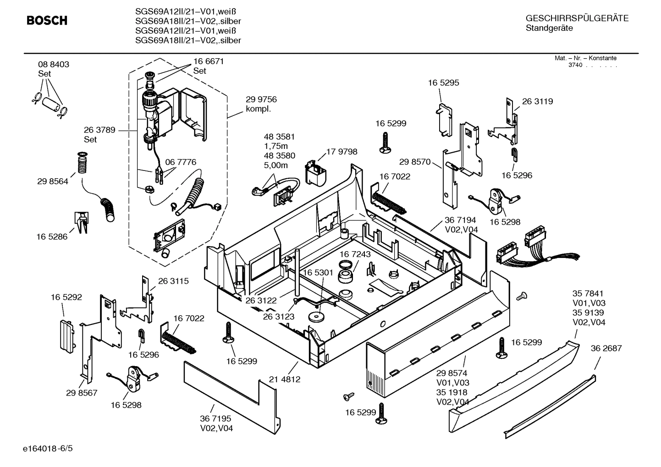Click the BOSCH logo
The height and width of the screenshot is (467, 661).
(x=47, y=21)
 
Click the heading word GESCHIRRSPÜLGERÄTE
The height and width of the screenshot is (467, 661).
(x=577, y=18)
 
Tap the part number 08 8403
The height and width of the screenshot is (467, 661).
(x=54, y=65)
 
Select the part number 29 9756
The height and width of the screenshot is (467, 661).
(x=261, y=99)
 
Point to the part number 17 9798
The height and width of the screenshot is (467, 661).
(x=342, y=152)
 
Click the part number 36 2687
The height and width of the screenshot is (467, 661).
(x=606, y=348)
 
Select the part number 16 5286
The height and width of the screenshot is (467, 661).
(x=52, y=237)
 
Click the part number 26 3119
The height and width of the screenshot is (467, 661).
(x=537, y=101)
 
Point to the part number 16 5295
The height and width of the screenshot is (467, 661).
(x=443, y=83)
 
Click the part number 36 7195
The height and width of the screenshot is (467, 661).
(x=215, y=418)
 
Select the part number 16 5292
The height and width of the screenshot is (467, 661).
(x=66, y=297)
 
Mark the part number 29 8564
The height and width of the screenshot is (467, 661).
(x=53, y=181)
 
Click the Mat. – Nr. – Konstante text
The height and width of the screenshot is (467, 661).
(x=585, y=58)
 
